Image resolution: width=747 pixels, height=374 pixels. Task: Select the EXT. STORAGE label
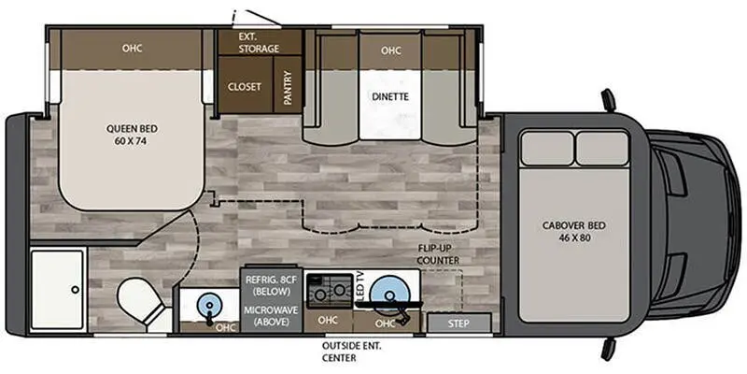pyautogui.click(x=260, y=42)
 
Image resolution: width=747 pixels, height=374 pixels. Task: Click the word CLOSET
pyautogui.click(x=245, y=86)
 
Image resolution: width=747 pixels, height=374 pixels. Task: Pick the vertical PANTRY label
pyautogui.click(x=289, y=86)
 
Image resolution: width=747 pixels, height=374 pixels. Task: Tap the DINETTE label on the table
pyautogui.click(x=390, y=96)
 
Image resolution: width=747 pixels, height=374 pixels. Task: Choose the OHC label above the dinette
pyautogui.click(x=390, y=50)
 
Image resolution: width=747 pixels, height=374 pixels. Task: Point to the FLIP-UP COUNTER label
pyautogui.click(x=439, y=252)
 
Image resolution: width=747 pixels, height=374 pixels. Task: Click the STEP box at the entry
pyautogui.click(x=458, y=324)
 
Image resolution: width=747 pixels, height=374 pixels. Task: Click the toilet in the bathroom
pyautogui.click(x=139, y=302)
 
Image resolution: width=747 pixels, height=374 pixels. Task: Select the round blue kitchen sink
pyautogui.click(x=389, y=292)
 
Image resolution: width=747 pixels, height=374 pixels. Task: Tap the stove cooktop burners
pyautogui.click(x=329, y=290)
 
